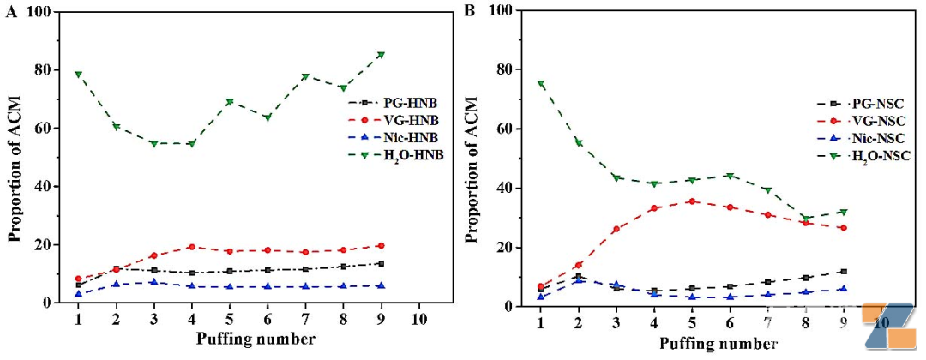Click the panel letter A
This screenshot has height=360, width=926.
point(11,13)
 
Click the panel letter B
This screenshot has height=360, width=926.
point(470,12)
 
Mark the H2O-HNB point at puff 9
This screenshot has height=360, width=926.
point(381,55)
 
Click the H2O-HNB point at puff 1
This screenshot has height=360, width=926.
point(78,75)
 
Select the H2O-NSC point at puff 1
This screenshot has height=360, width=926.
point(540,84)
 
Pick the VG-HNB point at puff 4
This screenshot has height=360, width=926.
point(191,247)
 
